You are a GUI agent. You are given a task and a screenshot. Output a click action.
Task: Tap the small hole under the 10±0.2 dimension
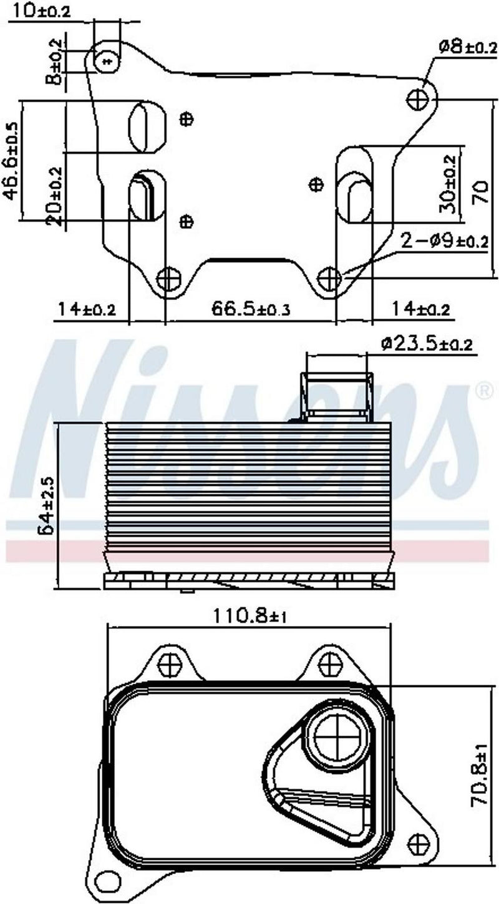click(107, 60)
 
